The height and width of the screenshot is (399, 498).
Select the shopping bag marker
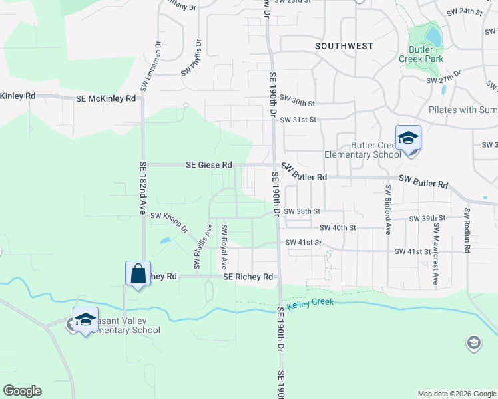(x=138, y=273)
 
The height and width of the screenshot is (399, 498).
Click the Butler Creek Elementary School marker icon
(x=408, y=138)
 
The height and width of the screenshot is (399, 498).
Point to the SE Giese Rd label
(x=210, y=164)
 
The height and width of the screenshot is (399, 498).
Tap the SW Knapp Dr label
(x=170, y=220)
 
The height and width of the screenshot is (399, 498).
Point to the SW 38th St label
(x=302, y=211)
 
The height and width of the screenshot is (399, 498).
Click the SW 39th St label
(x=427, y=218)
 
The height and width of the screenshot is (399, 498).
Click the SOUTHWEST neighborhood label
(x=344, y=46)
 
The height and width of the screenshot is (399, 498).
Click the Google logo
(x=22, y=391)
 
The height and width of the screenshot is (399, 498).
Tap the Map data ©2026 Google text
(x=456, y=394)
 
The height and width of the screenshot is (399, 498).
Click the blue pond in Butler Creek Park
(x=433, y=35)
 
